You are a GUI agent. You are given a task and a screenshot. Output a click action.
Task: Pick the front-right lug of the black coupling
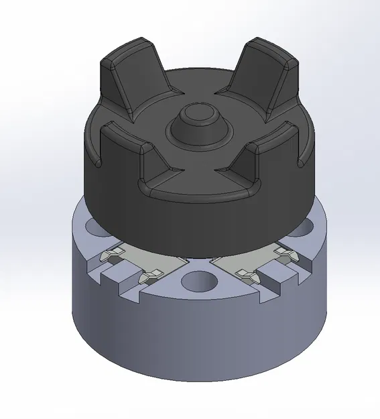[x=275, y=158]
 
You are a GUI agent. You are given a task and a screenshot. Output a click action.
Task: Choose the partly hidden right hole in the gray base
[x=305, y=228]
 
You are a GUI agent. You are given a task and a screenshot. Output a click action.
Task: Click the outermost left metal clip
[x=111, y=255]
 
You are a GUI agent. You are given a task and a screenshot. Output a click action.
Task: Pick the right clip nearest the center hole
[x=245, y=274]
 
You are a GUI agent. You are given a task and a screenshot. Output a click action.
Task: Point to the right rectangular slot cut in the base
[x=278, y=275]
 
